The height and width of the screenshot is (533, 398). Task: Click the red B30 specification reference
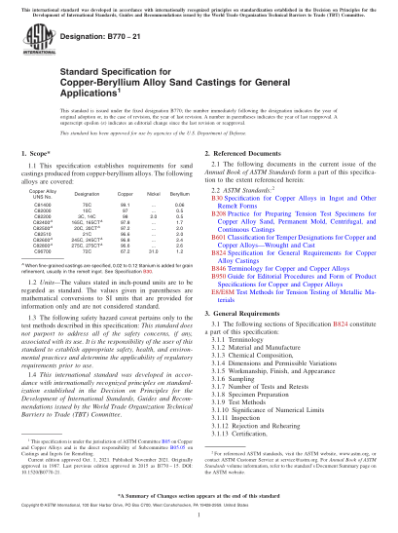coord(216,197)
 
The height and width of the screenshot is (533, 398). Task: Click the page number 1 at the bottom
coord(199,516)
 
